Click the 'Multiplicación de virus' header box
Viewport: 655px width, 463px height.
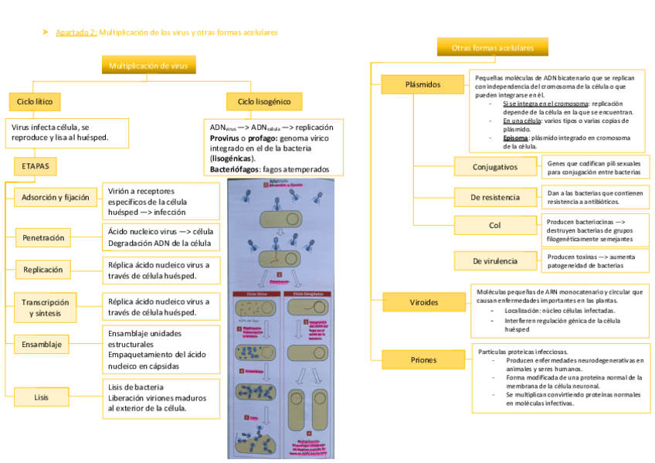tap(148, 66)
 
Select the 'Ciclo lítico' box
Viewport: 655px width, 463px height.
tap(35, 101)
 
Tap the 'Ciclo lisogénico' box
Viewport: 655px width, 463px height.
tap(264, 101)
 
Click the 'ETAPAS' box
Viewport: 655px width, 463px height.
tap(35, 166)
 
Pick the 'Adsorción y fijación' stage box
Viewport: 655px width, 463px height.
tap(56, 197)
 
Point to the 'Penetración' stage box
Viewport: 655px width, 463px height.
tap(43, 237)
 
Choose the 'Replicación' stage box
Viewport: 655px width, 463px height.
tap(43, 270)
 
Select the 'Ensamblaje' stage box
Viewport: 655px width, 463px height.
tap(42, 344)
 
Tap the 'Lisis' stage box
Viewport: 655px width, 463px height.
tap(42, 397)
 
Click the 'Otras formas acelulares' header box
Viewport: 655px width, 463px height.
tap(493, 48)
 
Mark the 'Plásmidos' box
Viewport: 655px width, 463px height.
tap(423, 83)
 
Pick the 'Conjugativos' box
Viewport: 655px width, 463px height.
tap(496, 167)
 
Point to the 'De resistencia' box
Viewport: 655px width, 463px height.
tap(495, 197)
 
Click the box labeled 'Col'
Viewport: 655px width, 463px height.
tap(495, 226)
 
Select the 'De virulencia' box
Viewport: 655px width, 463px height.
tap(495, 261)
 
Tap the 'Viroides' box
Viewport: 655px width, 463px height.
tap(423, 301)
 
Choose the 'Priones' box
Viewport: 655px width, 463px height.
tap(423, 359)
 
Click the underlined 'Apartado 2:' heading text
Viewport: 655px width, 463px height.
tap(76, 32)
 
